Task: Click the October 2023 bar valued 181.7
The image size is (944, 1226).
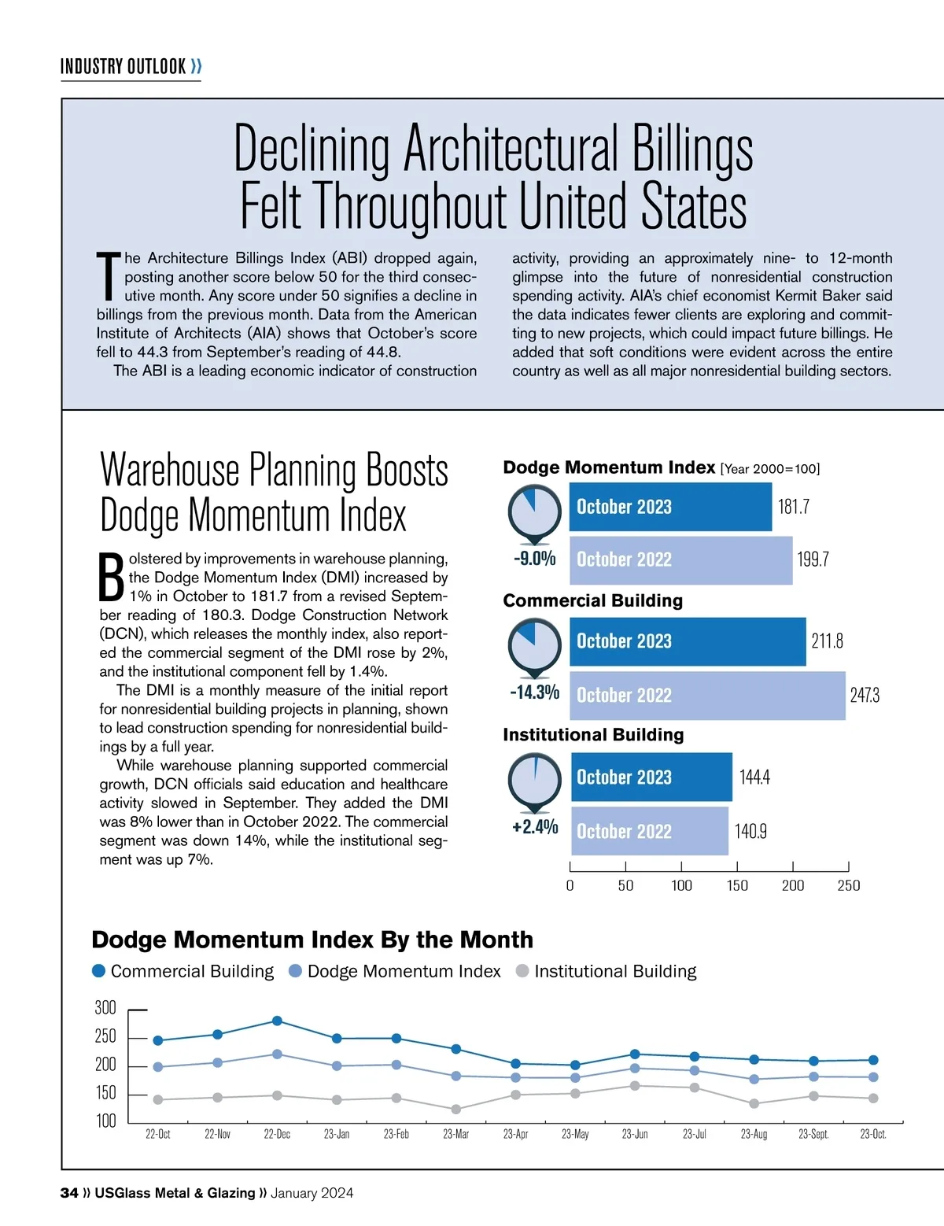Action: click(670, 507)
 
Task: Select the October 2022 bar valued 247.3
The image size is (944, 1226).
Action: click(707, 695)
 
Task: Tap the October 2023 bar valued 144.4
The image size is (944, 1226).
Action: click(651, 777)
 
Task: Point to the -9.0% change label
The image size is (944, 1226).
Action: click(535, 559)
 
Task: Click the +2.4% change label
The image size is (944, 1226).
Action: click(535, 827)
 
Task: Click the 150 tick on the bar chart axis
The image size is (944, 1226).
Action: click(737, 885)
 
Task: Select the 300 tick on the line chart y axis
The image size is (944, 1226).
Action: click(105, 1008)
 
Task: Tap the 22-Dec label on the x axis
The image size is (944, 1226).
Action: click(277, 1134)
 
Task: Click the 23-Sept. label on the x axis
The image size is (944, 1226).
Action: click(813, 1134)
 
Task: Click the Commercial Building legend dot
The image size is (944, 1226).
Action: click(99, 971)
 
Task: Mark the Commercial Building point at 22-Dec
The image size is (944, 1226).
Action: click(277, 1021)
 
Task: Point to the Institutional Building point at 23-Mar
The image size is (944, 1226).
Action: click(456, 1109)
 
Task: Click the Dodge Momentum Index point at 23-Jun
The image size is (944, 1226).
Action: click(635, 1068)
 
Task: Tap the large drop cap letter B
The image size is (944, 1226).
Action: click(112, 577)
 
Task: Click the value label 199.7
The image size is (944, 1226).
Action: click(813, 559)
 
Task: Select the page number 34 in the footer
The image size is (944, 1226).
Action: click(69, 1193)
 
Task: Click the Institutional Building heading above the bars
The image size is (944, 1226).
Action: click(593, 735)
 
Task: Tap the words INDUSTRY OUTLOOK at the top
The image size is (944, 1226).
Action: click(124, 66)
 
